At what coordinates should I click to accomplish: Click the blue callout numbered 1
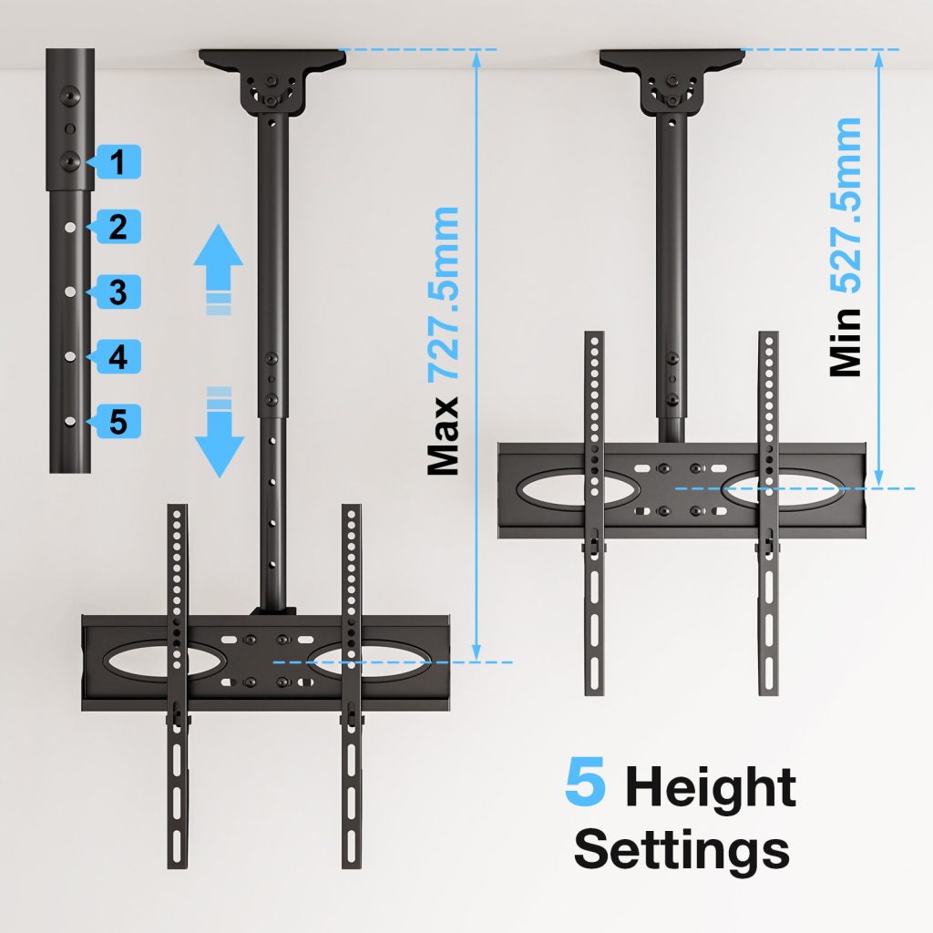pyautogui.click(x=117, y=162)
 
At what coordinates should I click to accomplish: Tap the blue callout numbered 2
pyautogui.click(x=117, y=227)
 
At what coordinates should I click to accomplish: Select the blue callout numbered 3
pyautogui.click(x=117, y=292)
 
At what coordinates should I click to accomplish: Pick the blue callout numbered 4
pyautogui.click(x=117, y=356)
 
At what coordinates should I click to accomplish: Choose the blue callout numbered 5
pyautogui.click(x=117, y=421)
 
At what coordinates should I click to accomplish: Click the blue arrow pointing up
pyautogui.click(x=219, y=269)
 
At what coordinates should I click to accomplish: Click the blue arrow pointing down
pyautogui.click(x=219, y=432)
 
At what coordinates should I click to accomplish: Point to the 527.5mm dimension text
pyautogui.click(x=846, y=205)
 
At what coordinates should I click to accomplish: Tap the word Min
pyautogui.click(x=846, y=343)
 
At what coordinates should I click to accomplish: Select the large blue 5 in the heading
pyautogui.click(x=585, y=781)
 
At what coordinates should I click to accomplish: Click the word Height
pyautogui.click(x=711, y=786)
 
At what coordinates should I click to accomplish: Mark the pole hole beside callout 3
pyautogui.click(x=70, y=292)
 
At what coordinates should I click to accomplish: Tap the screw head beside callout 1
pyautogui.click(x=70, y=160)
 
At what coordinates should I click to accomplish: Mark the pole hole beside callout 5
pyautogui.click(x=70, y=421)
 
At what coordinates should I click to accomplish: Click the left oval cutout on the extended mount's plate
pyautogui.click(x=164, y=660)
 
